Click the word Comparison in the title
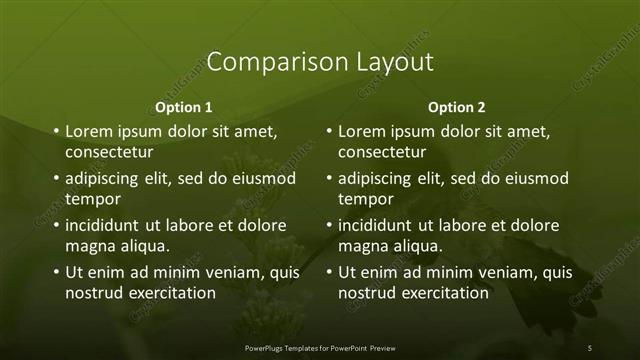(265, 62)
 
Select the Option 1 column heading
(184, 107)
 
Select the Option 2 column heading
(457, 107)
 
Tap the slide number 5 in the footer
(590, 347)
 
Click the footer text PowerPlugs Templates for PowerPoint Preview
(320, 347)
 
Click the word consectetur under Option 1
(109, 153)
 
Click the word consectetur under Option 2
(382, 153)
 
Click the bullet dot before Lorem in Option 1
(56, 131)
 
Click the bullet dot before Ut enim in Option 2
(329, 272)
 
